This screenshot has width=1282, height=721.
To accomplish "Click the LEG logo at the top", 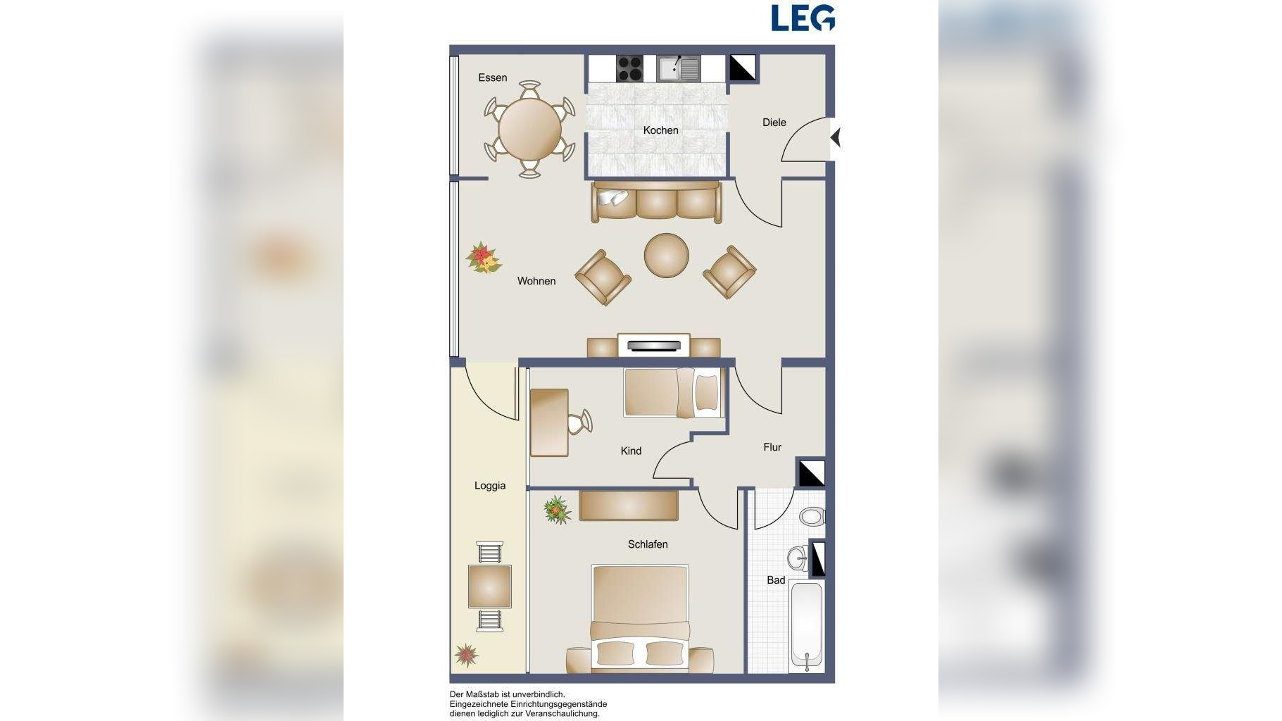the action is (803, 18).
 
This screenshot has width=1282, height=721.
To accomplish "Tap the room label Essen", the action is (492, 77).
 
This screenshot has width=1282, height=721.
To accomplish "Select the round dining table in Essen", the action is (529, 130).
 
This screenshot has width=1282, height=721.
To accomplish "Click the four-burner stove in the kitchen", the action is (630, 68).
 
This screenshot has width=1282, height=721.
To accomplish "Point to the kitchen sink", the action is (679, 68).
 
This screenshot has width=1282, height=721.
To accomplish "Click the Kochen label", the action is (660, 130).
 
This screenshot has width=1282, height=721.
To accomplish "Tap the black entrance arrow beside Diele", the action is (835, 137).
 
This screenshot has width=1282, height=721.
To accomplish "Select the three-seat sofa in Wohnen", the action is (656, 202).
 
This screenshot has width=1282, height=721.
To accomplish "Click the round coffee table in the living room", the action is (666, 255).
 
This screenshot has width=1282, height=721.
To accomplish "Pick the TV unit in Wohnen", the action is (653, 345).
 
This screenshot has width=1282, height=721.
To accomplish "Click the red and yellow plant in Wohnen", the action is (484, 258).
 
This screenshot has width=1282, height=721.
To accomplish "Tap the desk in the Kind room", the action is (549, 422).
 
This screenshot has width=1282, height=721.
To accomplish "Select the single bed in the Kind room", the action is (674, 392).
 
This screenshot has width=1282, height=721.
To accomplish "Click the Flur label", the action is (772, 447).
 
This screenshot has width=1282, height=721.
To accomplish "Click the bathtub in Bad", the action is (806, 625).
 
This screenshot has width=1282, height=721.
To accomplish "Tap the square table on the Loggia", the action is (490, 587).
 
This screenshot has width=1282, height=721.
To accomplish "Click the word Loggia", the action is (490, 486).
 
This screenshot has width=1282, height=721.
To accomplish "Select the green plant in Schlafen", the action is (558, 510).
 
